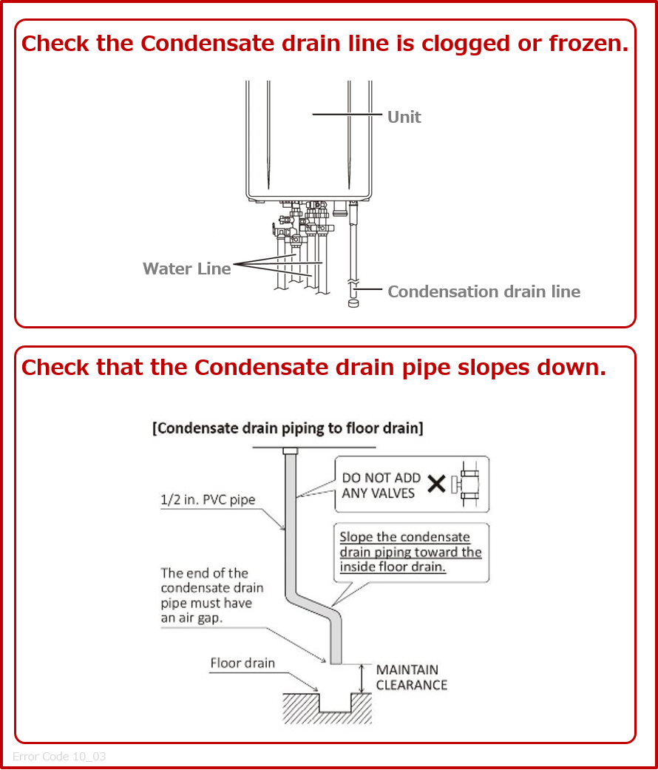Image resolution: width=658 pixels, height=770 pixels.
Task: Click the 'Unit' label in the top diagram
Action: tap(404, 117)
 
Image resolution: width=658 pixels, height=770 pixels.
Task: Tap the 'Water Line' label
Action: tap(186, 269)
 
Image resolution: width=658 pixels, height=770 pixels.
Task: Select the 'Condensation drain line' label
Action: tap(484, 291)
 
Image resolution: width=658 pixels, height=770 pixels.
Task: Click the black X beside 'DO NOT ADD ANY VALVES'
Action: tap(437, 484)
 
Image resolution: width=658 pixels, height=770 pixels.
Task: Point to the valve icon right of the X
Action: tap(469, 484)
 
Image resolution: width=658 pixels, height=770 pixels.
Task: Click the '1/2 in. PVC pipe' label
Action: tap(208, 499)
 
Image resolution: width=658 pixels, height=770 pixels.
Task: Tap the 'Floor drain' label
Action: tap(242, 663)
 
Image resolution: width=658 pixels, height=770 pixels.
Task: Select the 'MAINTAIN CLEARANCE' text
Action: tap(411, 678)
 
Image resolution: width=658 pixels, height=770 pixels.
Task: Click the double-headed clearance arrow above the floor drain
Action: tap(361, 678)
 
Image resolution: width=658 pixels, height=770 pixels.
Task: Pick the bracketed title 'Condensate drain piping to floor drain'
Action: tap(288, 428)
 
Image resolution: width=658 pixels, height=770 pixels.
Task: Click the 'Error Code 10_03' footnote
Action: tap(59, 756)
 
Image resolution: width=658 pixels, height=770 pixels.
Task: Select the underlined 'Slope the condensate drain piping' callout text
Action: tap(410, 552)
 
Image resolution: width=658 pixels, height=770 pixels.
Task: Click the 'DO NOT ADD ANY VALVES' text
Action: tap(381, 485)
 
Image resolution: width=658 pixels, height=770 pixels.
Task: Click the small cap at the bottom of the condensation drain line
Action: tap(353, 303)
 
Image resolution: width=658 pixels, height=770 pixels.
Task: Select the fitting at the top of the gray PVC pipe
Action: tap(290, 451)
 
